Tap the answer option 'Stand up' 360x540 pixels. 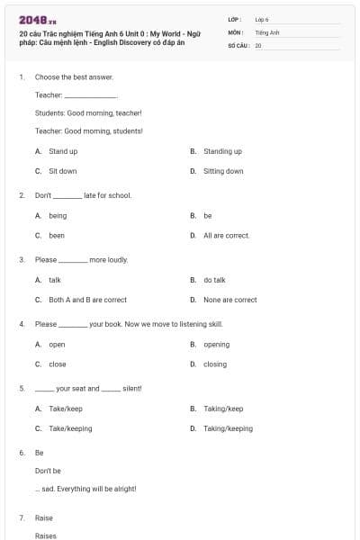pos(63,151)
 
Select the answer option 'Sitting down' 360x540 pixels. pos(223,171)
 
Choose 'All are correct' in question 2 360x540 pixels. pos(226,236)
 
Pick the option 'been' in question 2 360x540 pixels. pos(57,236)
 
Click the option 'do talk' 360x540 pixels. pos(214,280)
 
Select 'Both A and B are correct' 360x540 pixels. pos(87,300)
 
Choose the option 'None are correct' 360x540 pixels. pos(229,300)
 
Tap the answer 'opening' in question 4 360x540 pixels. pos(216,345)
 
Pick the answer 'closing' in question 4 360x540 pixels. pos(215,364)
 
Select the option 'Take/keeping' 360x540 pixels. pos(70,428)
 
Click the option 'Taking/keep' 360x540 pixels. pos(223,409)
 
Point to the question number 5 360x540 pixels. pos(22,388)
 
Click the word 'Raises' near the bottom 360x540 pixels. pos(45,535)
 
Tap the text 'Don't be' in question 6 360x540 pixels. pos(48,471)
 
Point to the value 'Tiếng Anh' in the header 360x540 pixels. pos(267,31)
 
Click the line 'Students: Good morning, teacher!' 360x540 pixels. pos(88,112)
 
